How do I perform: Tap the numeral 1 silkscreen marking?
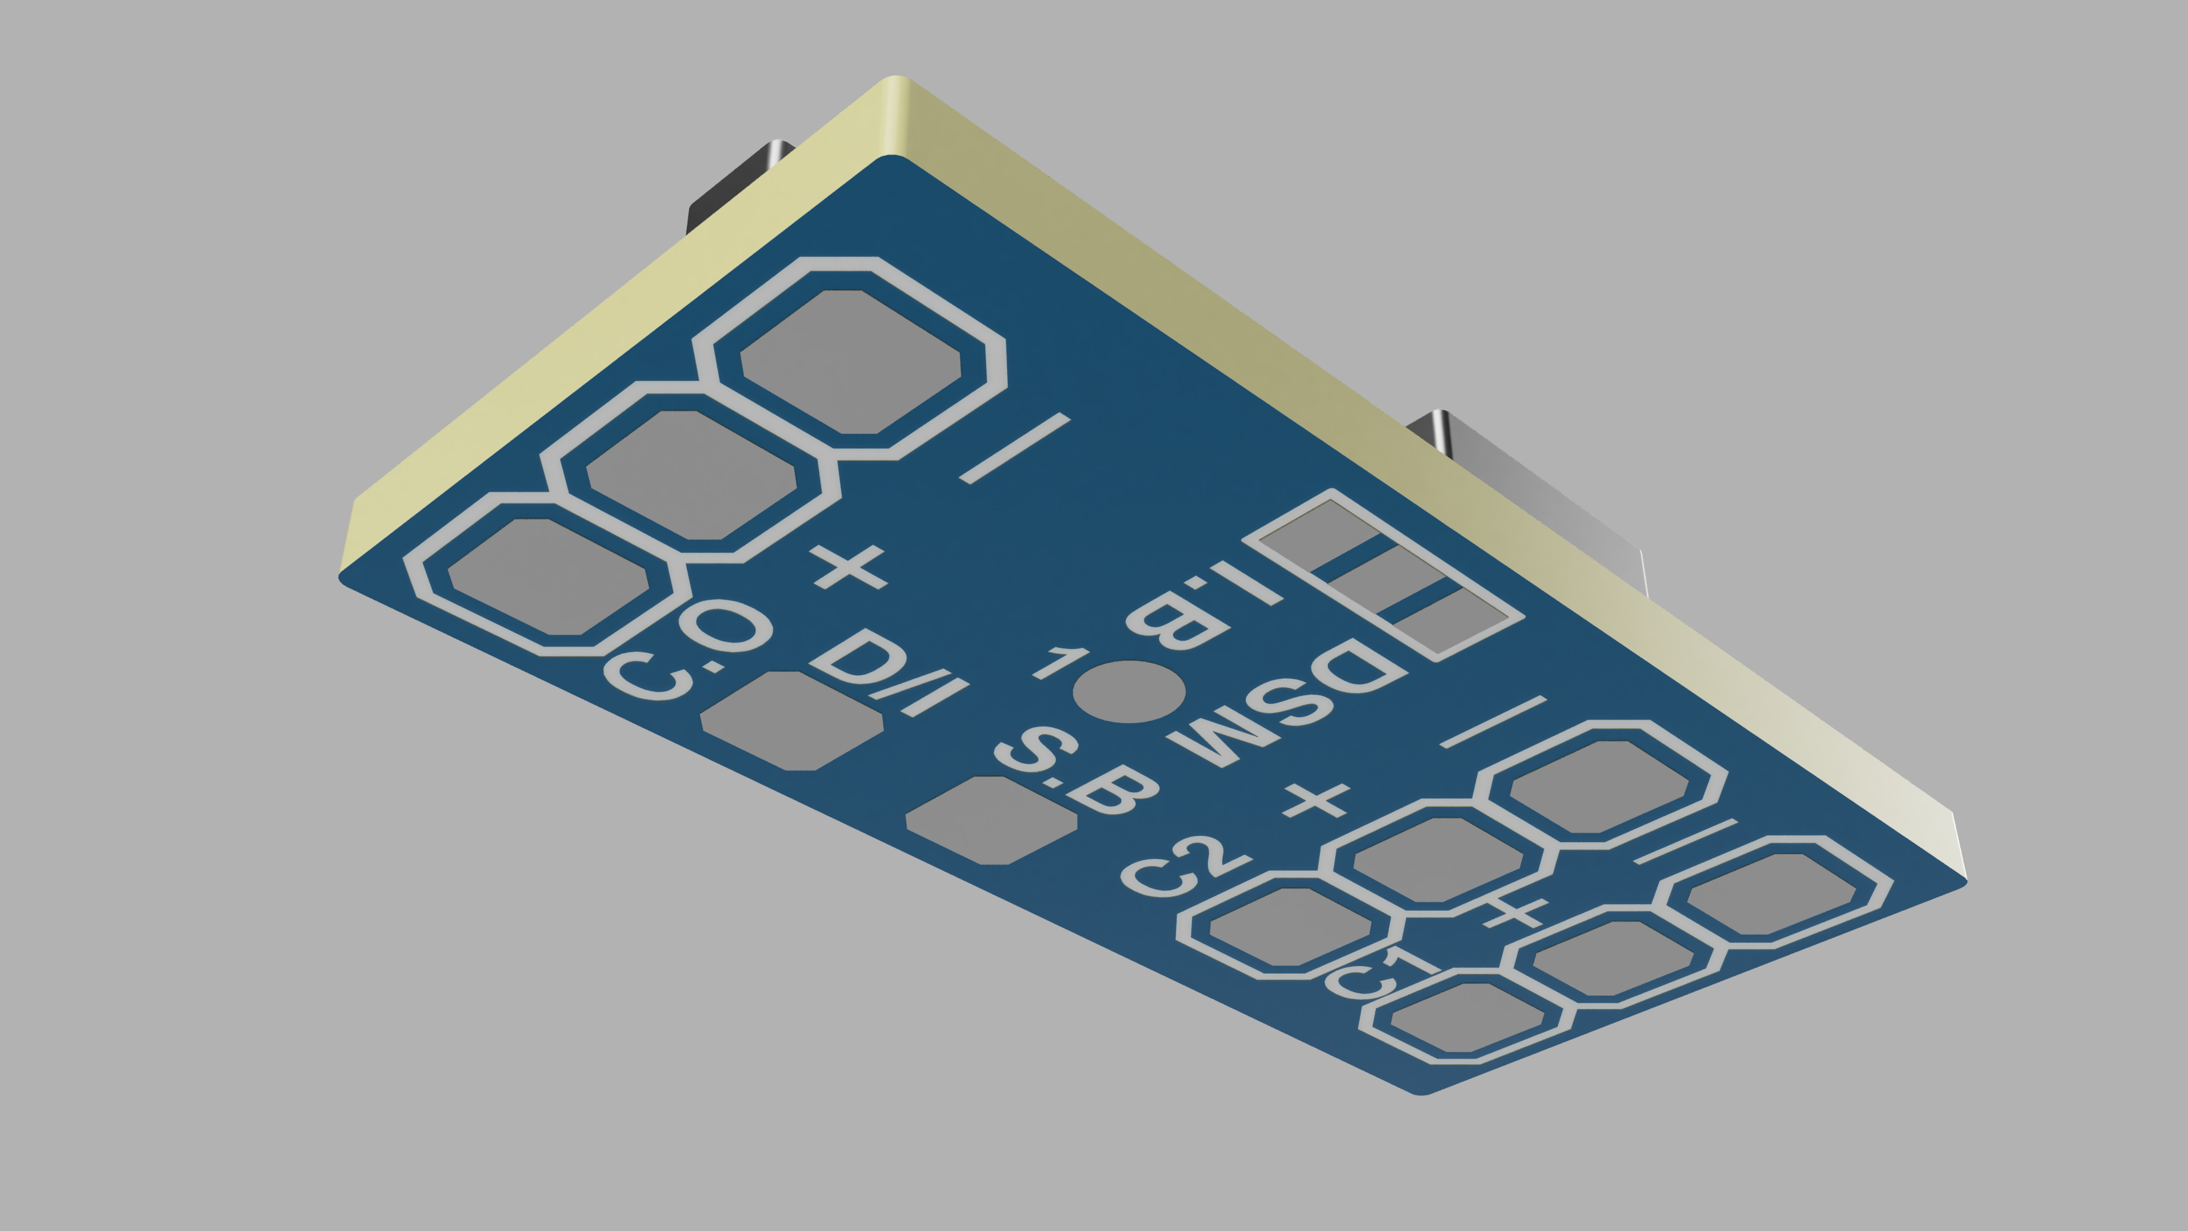pos(1058,663)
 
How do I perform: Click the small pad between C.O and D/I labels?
pos(791,720)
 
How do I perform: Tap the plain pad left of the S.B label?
pos(991,820)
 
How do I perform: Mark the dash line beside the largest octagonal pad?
pos(1013,450)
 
